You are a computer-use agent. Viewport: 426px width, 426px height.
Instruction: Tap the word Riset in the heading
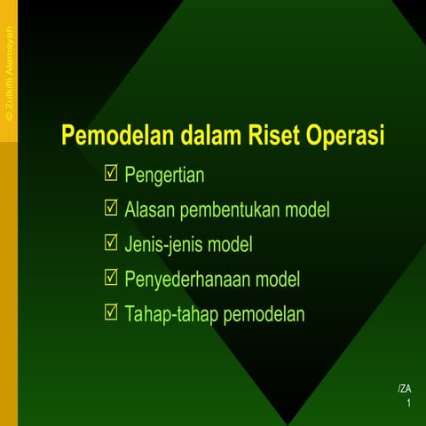click(x=272, y=138)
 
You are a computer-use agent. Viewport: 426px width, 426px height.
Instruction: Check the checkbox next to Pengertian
click(x=111, y=174)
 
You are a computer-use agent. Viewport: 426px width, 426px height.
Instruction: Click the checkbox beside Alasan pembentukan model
click(x=111, y=209)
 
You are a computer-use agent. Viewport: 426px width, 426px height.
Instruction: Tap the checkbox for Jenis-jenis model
click(x=111, y=243)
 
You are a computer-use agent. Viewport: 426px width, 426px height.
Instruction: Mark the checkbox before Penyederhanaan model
click(x=111, y=278)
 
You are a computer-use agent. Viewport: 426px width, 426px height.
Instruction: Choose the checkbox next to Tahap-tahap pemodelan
click(x=111, y=312)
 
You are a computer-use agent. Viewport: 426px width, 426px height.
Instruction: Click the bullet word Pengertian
click(x=165, y=175)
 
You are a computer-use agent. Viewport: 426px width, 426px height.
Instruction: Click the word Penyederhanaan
click(x=188, y=280)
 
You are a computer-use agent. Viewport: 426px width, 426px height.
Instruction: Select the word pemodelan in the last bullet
click(x=264, y=314)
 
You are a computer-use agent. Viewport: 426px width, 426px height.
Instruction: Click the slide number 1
click(x=408, y=404)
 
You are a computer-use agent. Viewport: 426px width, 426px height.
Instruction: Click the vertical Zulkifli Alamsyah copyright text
click(x=9, y=75)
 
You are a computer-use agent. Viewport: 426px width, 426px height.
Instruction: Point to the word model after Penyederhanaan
click(x=278, y=280)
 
